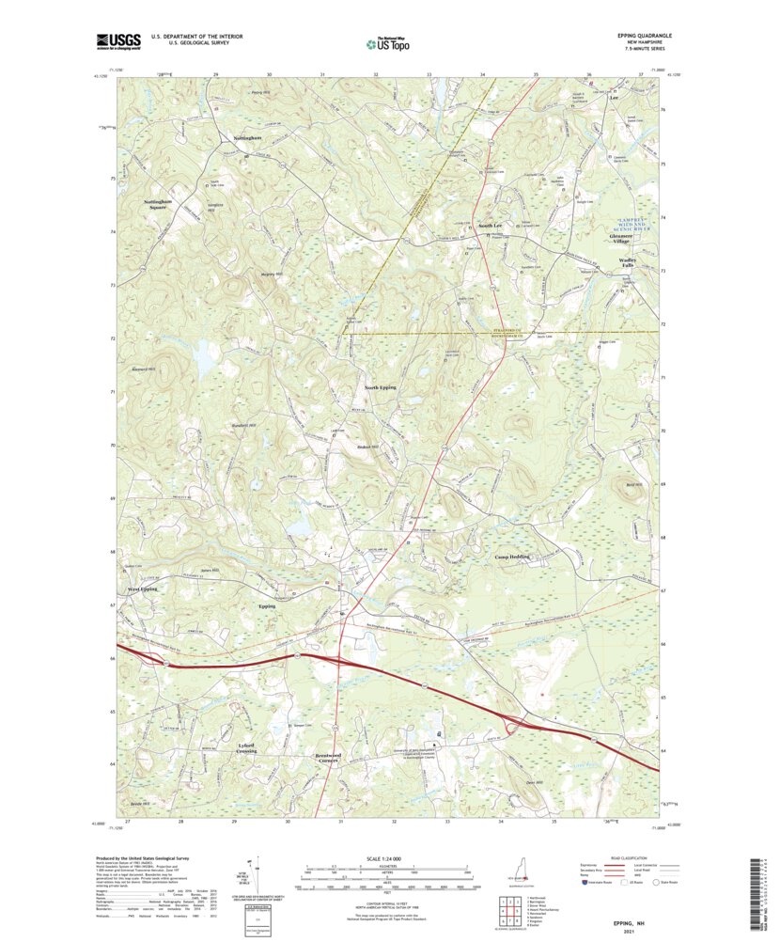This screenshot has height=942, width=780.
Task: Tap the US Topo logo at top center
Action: tap(387, 42)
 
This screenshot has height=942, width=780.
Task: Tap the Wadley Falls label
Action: tap(627, 262)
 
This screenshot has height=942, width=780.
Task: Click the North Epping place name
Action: tap(381, 387)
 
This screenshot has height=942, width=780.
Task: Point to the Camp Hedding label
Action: tap(513, 557)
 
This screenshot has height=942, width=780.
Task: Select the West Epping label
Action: tap(143, 589)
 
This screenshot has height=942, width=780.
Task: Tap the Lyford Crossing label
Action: tap(246, 747)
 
